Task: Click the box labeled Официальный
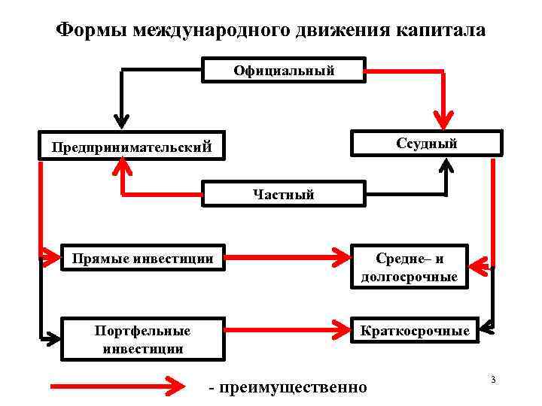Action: click(x=284, y=70)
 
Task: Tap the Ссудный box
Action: click(x=427, y=143)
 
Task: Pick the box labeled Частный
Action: click(x=284, y=194)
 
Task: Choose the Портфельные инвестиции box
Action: click(x=143, y=339)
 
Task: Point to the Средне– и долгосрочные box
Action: click(x=409, y=268)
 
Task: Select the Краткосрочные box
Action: click(x=415, y=331)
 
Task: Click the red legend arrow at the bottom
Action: click(x=117, y=386)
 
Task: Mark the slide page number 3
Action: click(x=492, y=379)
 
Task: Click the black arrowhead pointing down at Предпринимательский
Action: click(x=121, y=120)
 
